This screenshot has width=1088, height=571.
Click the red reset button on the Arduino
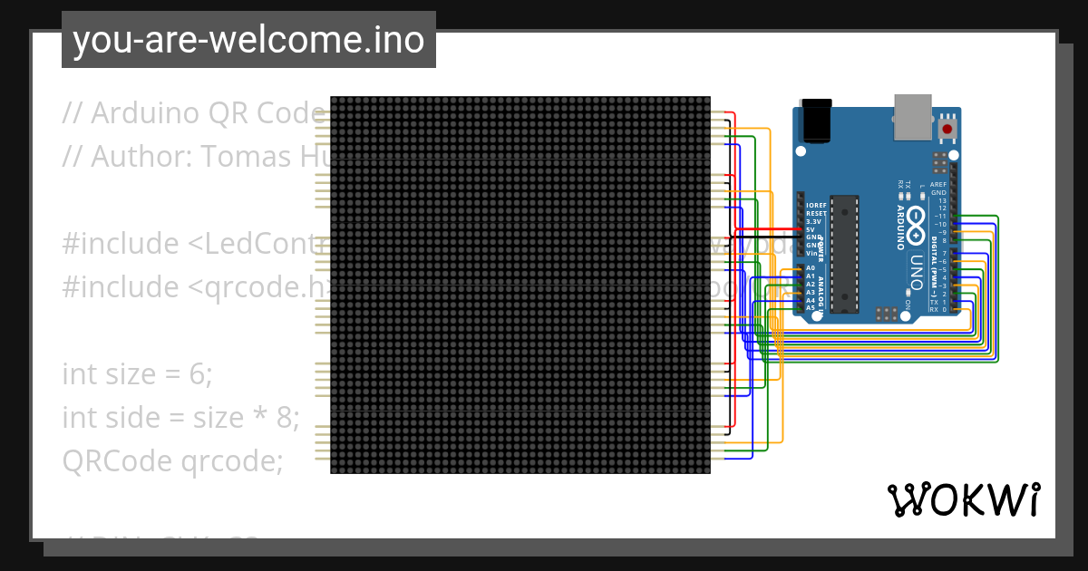click(947, 130)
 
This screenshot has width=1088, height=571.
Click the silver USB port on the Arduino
click(912, 117)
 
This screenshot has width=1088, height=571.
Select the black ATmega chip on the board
click(845, 253)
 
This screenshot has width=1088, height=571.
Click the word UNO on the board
click(917, 268)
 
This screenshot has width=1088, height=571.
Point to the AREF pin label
click(937, 185)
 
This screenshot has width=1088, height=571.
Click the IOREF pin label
click(816, 206)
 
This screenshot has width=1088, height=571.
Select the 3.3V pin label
click(813, 222)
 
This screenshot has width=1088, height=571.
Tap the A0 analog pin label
click(810, 268)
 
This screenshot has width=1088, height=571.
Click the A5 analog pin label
click(810, 308)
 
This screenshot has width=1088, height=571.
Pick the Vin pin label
click(812, 253)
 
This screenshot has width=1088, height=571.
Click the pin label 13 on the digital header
click(942, 200)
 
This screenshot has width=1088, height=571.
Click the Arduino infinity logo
click(916, 218)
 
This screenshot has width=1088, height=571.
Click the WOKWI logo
click(963, 499)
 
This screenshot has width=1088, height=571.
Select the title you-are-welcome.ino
click(248, 40)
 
